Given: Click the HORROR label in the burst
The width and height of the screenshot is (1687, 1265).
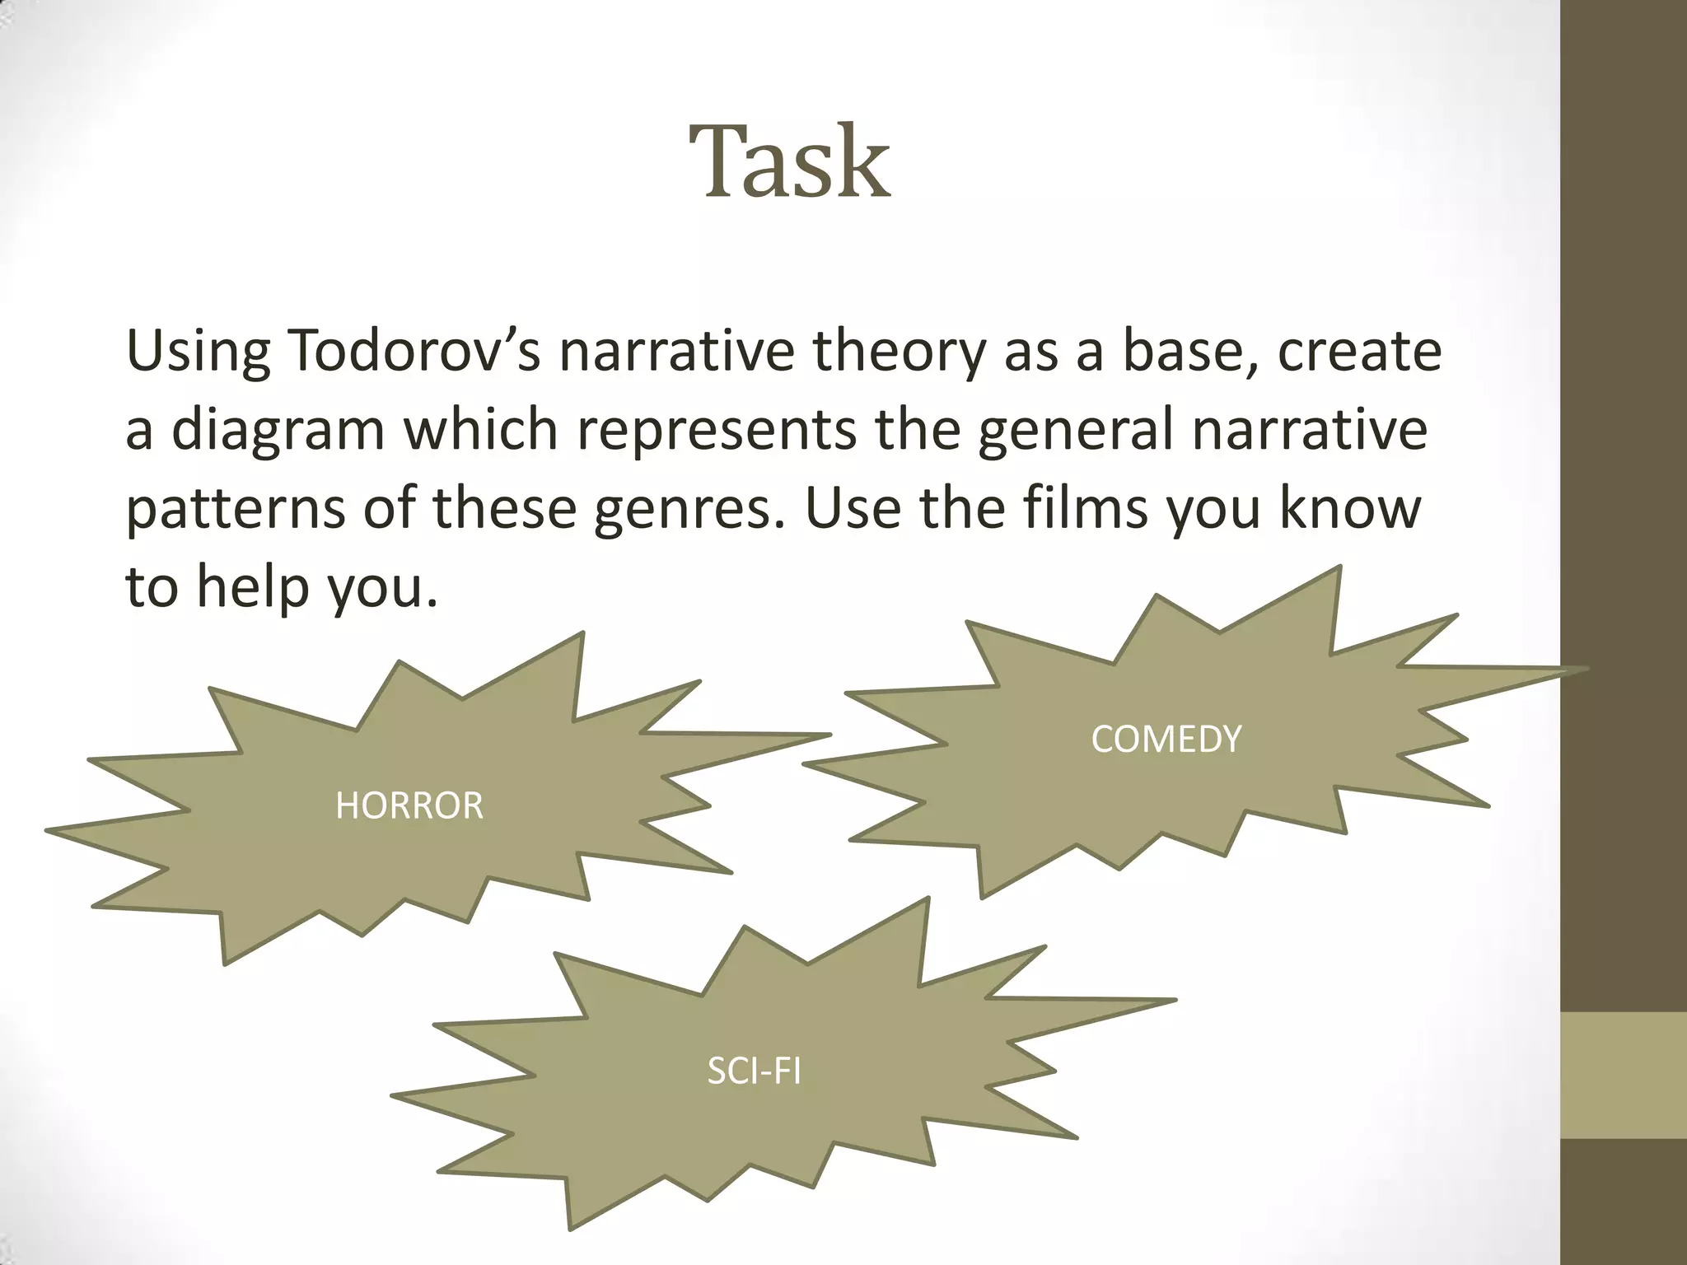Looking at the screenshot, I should click(x=409, y=805).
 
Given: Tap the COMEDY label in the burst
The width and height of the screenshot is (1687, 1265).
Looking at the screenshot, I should click(x=1166, y=739).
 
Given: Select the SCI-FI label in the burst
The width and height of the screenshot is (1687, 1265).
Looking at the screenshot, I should click(x=754, y=1071).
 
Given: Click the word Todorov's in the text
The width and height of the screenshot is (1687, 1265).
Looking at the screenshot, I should click(x=415, y=351).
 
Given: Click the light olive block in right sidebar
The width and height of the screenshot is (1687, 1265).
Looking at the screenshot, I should click(x=1623, y=1075).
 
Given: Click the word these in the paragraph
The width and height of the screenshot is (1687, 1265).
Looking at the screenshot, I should click(x=504, y=507).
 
